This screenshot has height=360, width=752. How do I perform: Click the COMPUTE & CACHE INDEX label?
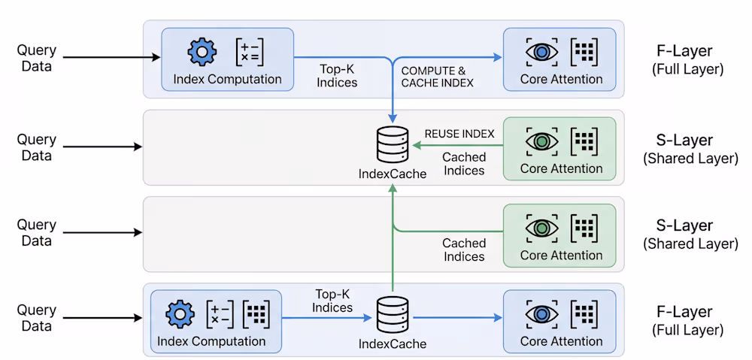437,76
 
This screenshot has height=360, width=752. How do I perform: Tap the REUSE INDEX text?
459,134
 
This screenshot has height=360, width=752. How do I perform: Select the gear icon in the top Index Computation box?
202,52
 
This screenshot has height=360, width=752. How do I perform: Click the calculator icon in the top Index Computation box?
250,52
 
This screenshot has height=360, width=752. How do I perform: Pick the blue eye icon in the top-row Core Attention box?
541,52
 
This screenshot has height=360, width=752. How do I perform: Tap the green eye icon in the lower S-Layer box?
541,228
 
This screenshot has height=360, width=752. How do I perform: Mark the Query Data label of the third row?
37,233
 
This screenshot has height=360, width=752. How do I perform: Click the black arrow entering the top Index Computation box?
113,57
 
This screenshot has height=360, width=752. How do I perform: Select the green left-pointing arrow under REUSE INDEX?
451,146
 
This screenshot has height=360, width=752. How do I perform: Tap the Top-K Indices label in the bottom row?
332,301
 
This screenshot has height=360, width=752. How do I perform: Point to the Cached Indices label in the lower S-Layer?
464,250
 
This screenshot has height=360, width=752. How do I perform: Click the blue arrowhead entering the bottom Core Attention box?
498,318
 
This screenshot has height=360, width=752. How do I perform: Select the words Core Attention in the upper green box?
561,168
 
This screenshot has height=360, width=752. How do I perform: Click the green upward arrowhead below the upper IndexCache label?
393,191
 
